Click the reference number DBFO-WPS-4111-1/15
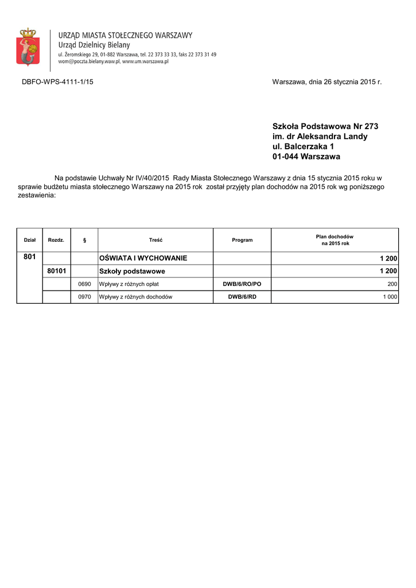[57, 82]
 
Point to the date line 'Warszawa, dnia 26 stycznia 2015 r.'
[326, 82]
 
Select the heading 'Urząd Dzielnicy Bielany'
[94, 45]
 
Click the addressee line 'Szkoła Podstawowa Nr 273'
[325, 126]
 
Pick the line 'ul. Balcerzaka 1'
[303, 146]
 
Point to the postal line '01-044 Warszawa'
[306, 157]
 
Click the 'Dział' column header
[29, 240]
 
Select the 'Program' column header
[242, 240]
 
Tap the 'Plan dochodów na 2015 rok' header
[335, 240]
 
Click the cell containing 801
[29, 258]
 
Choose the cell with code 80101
[56, 270]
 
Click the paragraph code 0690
[84, 284]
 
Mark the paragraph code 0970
[84, 297]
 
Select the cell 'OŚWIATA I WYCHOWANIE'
[143, 258]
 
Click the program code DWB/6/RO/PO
[242, 284]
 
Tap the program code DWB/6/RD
[242, 297]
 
